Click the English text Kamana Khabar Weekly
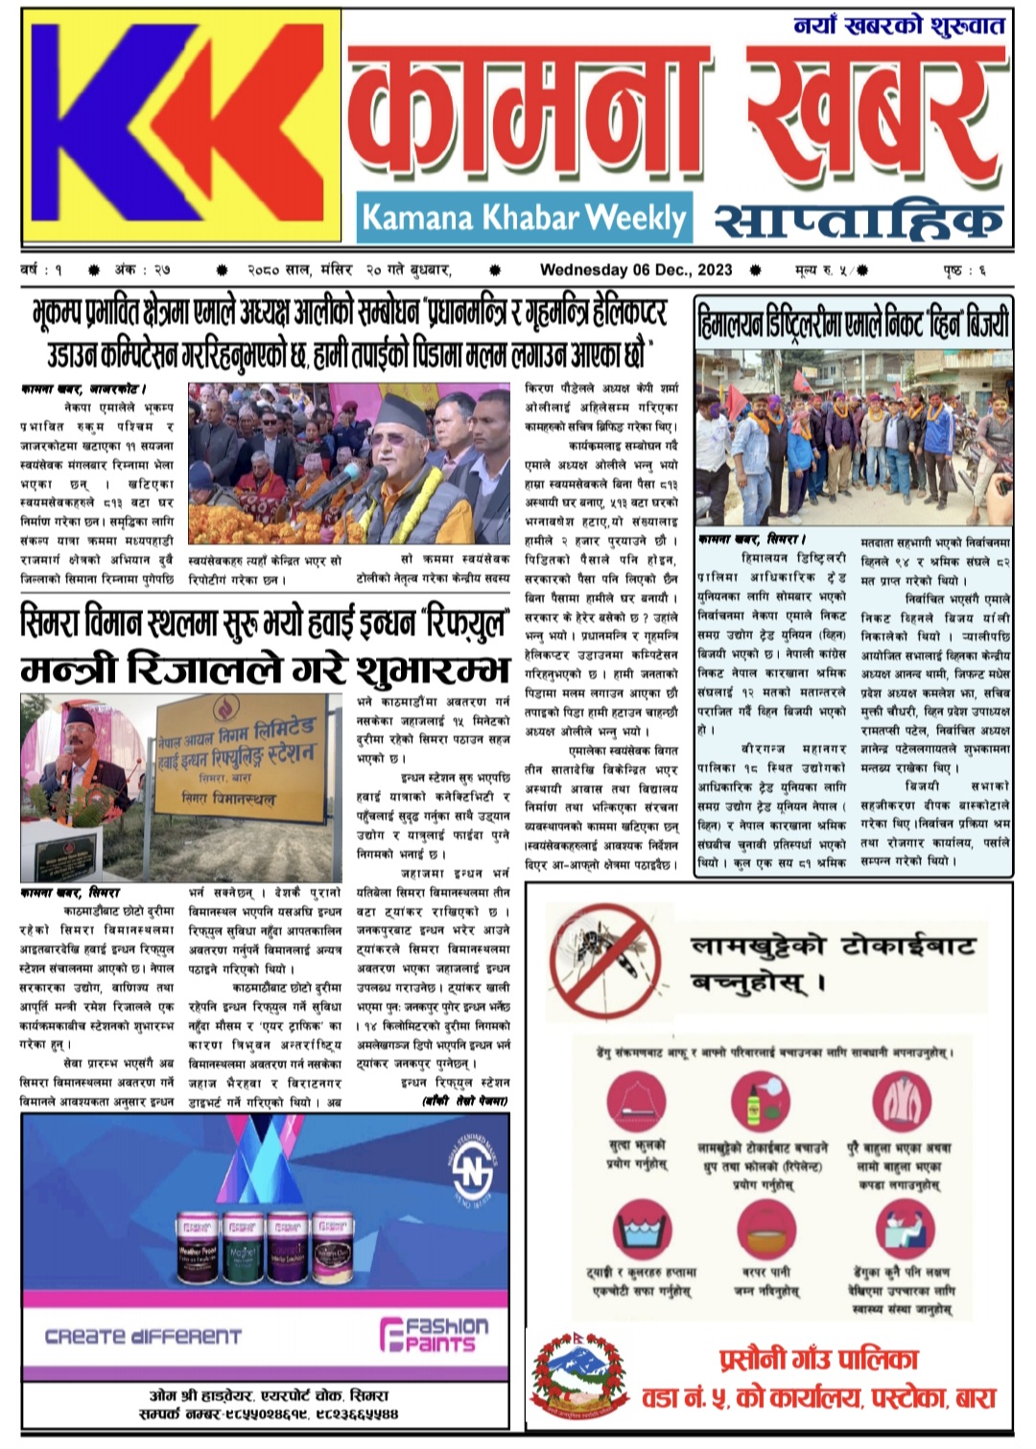pos(524,219)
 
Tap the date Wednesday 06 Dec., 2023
pos(636,270)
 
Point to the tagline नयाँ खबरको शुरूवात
pos(898,26)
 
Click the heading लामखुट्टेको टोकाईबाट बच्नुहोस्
pos(831,964)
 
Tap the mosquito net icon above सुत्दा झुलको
pos(636,1104)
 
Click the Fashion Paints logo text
pos(435,1334)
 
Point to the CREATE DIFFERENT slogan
pos(144,1336)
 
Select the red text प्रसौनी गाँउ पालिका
pos(818,1359)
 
